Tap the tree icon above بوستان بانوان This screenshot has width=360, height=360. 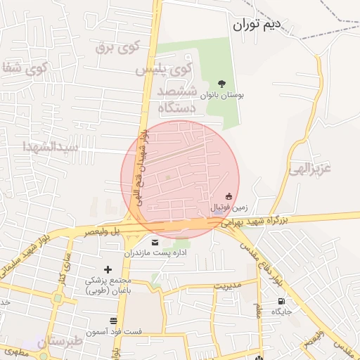(x=222, y=84)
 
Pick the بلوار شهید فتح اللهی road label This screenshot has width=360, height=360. (x=143, y=162)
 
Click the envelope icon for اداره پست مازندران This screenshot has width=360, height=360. (x=155, y=242)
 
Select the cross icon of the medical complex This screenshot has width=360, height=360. (x=108, y=269)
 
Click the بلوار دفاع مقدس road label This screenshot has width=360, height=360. (x=262, y=261)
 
